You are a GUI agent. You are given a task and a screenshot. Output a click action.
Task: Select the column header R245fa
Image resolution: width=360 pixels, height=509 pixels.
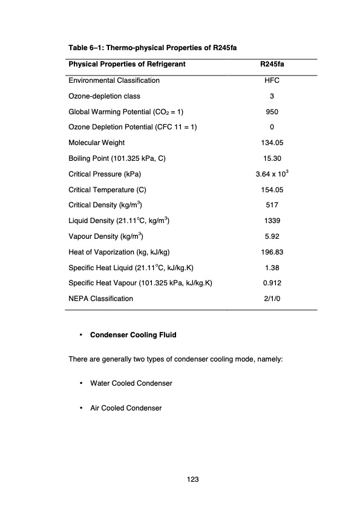point(272,64)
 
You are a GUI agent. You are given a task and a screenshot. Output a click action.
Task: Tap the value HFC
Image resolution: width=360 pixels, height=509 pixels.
point(272,80)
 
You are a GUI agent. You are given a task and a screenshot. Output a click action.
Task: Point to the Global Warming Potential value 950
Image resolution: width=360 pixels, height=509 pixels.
point(272,111)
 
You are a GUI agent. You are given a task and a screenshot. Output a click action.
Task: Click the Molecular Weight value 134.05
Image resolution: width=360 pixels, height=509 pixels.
point(272,143)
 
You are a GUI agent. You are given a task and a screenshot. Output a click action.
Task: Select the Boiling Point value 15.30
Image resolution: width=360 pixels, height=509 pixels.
point(272,158)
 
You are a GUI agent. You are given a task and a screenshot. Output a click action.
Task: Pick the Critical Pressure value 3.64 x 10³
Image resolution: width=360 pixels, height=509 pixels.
point(272,174)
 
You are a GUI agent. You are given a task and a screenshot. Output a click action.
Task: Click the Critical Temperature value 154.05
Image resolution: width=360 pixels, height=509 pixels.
point(272,189)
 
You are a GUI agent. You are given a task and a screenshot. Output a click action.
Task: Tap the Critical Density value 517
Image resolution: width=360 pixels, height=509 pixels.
point(272,205)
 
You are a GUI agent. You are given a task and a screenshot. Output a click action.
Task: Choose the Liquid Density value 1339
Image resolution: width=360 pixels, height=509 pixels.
point(272,221)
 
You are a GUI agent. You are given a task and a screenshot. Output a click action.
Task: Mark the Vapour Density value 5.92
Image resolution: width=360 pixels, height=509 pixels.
point(272,236)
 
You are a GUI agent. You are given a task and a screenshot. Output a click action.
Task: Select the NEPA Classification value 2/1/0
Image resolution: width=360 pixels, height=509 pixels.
point(272,299)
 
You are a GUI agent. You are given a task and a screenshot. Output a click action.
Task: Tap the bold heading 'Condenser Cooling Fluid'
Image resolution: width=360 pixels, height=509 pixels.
point(133,334)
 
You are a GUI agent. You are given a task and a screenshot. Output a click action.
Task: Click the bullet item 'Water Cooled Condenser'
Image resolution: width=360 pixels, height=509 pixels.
point(131,383)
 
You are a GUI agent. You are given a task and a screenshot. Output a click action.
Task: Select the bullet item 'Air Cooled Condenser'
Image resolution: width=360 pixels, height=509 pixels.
point(126,408)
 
